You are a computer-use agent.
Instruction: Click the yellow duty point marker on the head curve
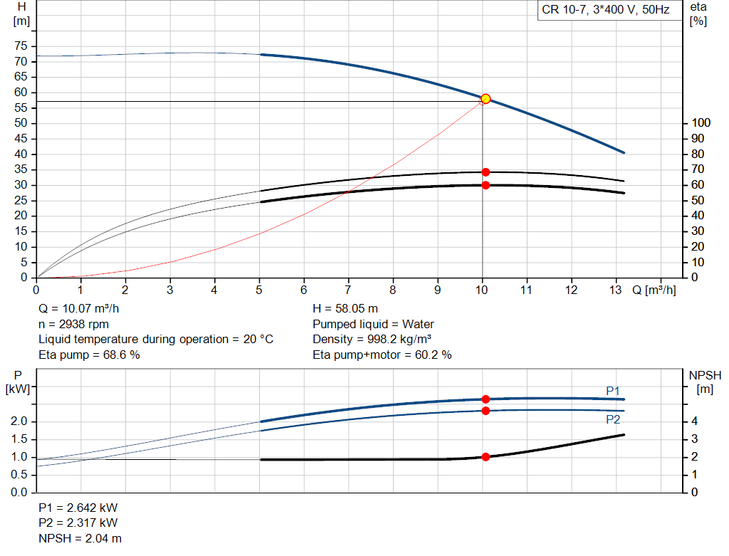pos(486,99)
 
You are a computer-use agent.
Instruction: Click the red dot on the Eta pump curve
pos(486,172)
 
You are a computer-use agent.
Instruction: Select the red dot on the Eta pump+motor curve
pos(486,185)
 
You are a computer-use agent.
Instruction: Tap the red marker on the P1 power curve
pos(486,399)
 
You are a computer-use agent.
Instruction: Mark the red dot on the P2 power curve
pos(486,411)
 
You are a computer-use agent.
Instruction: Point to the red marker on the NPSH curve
pos(486,457)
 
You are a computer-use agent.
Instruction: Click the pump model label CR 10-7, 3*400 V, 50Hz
pos(605,11)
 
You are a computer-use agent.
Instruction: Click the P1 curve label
pos(613,391)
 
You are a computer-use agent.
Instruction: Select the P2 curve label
pos(613,420)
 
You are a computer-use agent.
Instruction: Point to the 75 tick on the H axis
pos(21,46)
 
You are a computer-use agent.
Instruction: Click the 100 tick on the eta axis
pos(701,124)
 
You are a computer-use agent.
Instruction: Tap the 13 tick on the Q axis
pos(616,290)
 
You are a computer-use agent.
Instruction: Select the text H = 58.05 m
pos(345,309)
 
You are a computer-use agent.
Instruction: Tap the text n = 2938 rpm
pos(73,324)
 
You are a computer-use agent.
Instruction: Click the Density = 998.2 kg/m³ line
pos(372,339)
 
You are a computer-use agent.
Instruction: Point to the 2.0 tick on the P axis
pos(19,422)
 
